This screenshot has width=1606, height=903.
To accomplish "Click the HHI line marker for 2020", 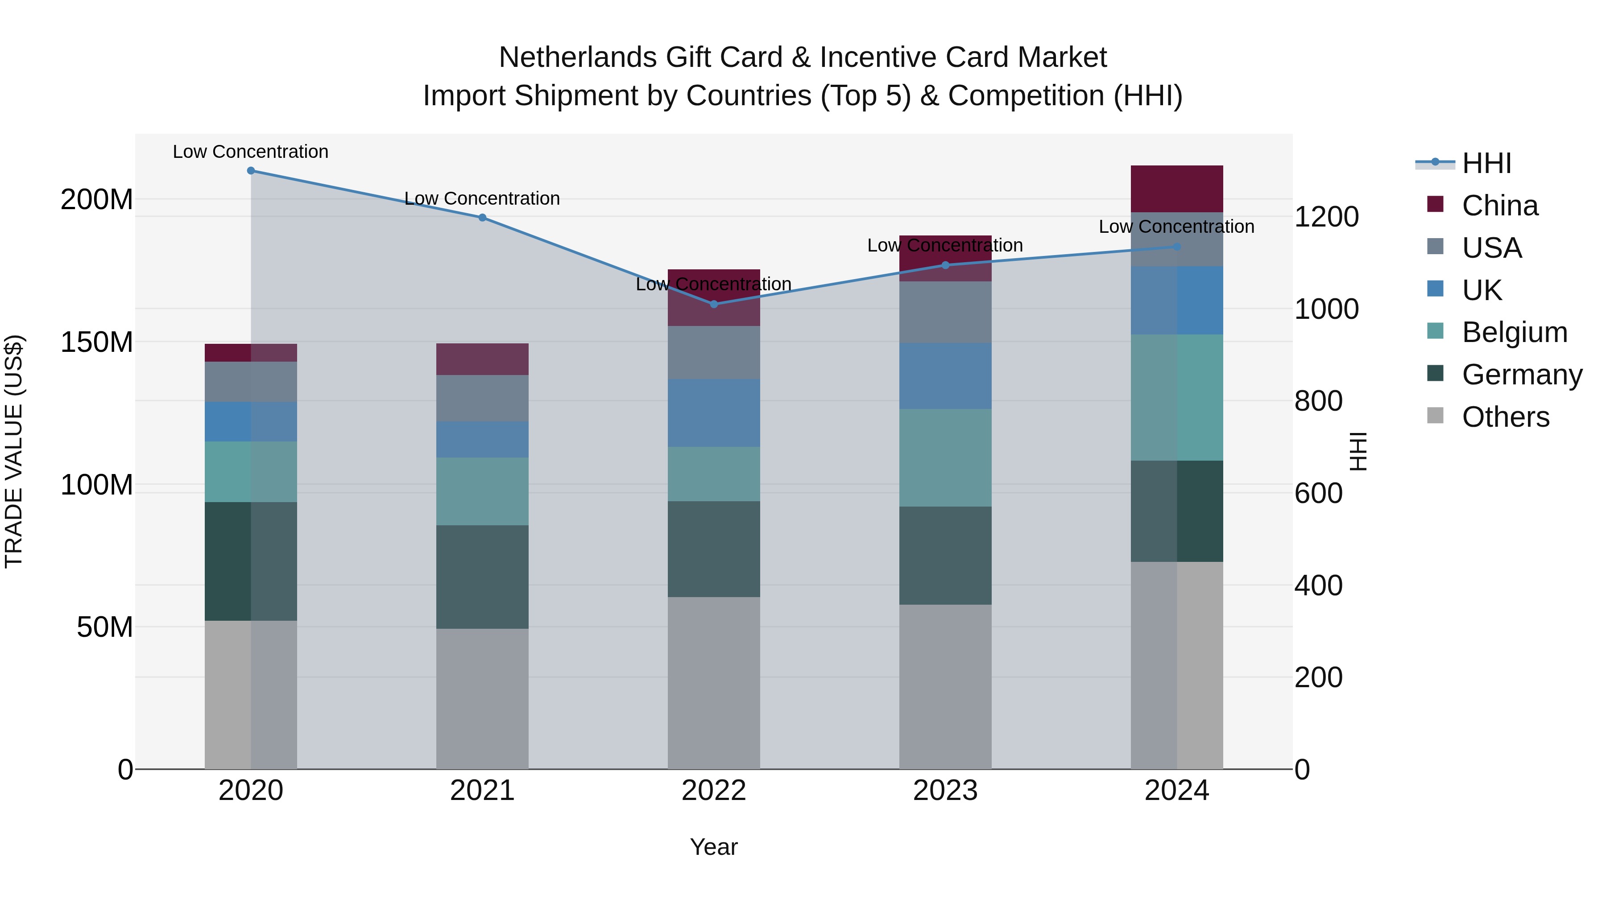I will click(x=251, y=170).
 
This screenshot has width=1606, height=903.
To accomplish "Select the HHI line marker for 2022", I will click(x=714, y=304).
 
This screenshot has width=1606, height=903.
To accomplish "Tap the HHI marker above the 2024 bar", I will click(x=1177, y=247).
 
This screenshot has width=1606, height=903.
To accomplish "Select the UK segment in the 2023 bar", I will click(x=945, y=376).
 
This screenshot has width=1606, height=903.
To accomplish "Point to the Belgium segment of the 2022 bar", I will click(x=714, y=474).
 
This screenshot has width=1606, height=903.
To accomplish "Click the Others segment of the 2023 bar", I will click(x=945, y=685).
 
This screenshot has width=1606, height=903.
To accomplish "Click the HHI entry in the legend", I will click(x=1486, y=163).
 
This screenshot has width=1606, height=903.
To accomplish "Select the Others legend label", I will click(x=1506, y=417).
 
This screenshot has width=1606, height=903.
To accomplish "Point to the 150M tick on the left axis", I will click(x=97, y=342).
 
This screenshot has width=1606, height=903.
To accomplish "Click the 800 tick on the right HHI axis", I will click(x=1318, y=401).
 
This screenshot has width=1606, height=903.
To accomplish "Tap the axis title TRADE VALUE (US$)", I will click(x=14, y=451).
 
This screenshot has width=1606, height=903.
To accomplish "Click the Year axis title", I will click(x=714, y=847).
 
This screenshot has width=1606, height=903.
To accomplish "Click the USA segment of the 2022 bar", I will click(x=714, y=352).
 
